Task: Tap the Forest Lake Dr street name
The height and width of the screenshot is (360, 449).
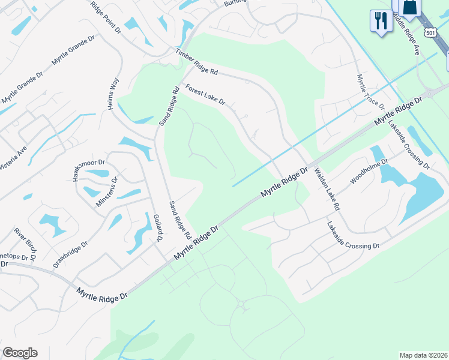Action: click(x=205, y=95)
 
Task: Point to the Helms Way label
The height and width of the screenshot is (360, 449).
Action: click(x=111, y=93)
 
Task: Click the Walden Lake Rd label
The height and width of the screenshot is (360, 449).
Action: click(x=327, y=188)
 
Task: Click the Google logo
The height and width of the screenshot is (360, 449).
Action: click(x=20, y=353)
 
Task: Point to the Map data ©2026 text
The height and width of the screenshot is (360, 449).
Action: click(x=423, y=355)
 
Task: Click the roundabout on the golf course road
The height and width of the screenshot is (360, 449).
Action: click(x=241, y=305)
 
